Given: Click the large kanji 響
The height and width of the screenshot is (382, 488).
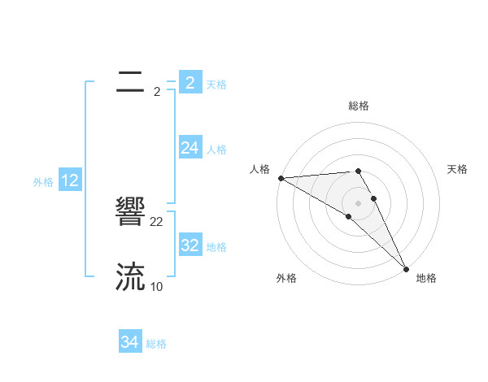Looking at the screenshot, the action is click(130, 213).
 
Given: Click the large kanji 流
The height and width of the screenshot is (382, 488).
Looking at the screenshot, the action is click(130, 277).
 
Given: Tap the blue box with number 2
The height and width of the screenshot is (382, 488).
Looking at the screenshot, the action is click(190, 82).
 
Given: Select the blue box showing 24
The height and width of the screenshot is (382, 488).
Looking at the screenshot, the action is click(190, 148).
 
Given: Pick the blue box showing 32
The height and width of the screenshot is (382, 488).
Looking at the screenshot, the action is click(190, 245).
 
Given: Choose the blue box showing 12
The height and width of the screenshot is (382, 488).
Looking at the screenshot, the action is click(70, 180).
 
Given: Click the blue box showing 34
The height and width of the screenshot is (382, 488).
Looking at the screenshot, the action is click(130, 342).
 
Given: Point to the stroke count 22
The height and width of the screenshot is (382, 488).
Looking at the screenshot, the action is click(157, 221).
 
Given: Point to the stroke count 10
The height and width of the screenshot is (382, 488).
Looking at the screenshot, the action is click(156, 286).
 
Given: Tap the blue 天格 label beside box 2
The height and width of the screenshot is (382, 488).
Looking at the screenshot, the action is click(216, 84).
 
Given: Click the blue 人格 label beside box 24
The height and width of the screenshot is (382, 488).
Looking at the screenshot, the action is click(216, 150).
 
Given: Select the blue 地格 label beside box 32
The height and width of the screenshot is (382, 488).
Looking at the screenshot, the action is click(216, 247).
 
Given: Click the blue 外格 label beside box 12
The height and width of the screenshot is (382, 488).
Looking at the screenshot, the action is click(43, 182).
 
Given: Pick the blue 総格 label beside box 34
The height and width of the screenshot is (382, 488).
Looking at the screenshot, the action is click(156, 344).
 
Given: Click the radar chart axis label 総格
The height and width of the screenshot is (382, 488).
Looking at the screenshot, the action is click(358, 106).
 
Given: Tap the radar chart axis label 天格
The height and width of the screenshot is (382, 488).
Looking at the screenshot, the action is click(457, 169).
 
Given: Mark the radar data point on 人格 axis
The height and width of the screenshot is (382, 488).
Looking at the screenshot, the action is click(281, 177).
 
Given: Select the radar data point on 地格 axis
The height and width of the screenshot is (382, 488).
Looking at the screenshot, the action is click(405, 268).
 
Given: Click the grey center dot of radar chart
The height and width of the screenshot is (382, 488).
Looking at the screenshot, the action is click(358, 203).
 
